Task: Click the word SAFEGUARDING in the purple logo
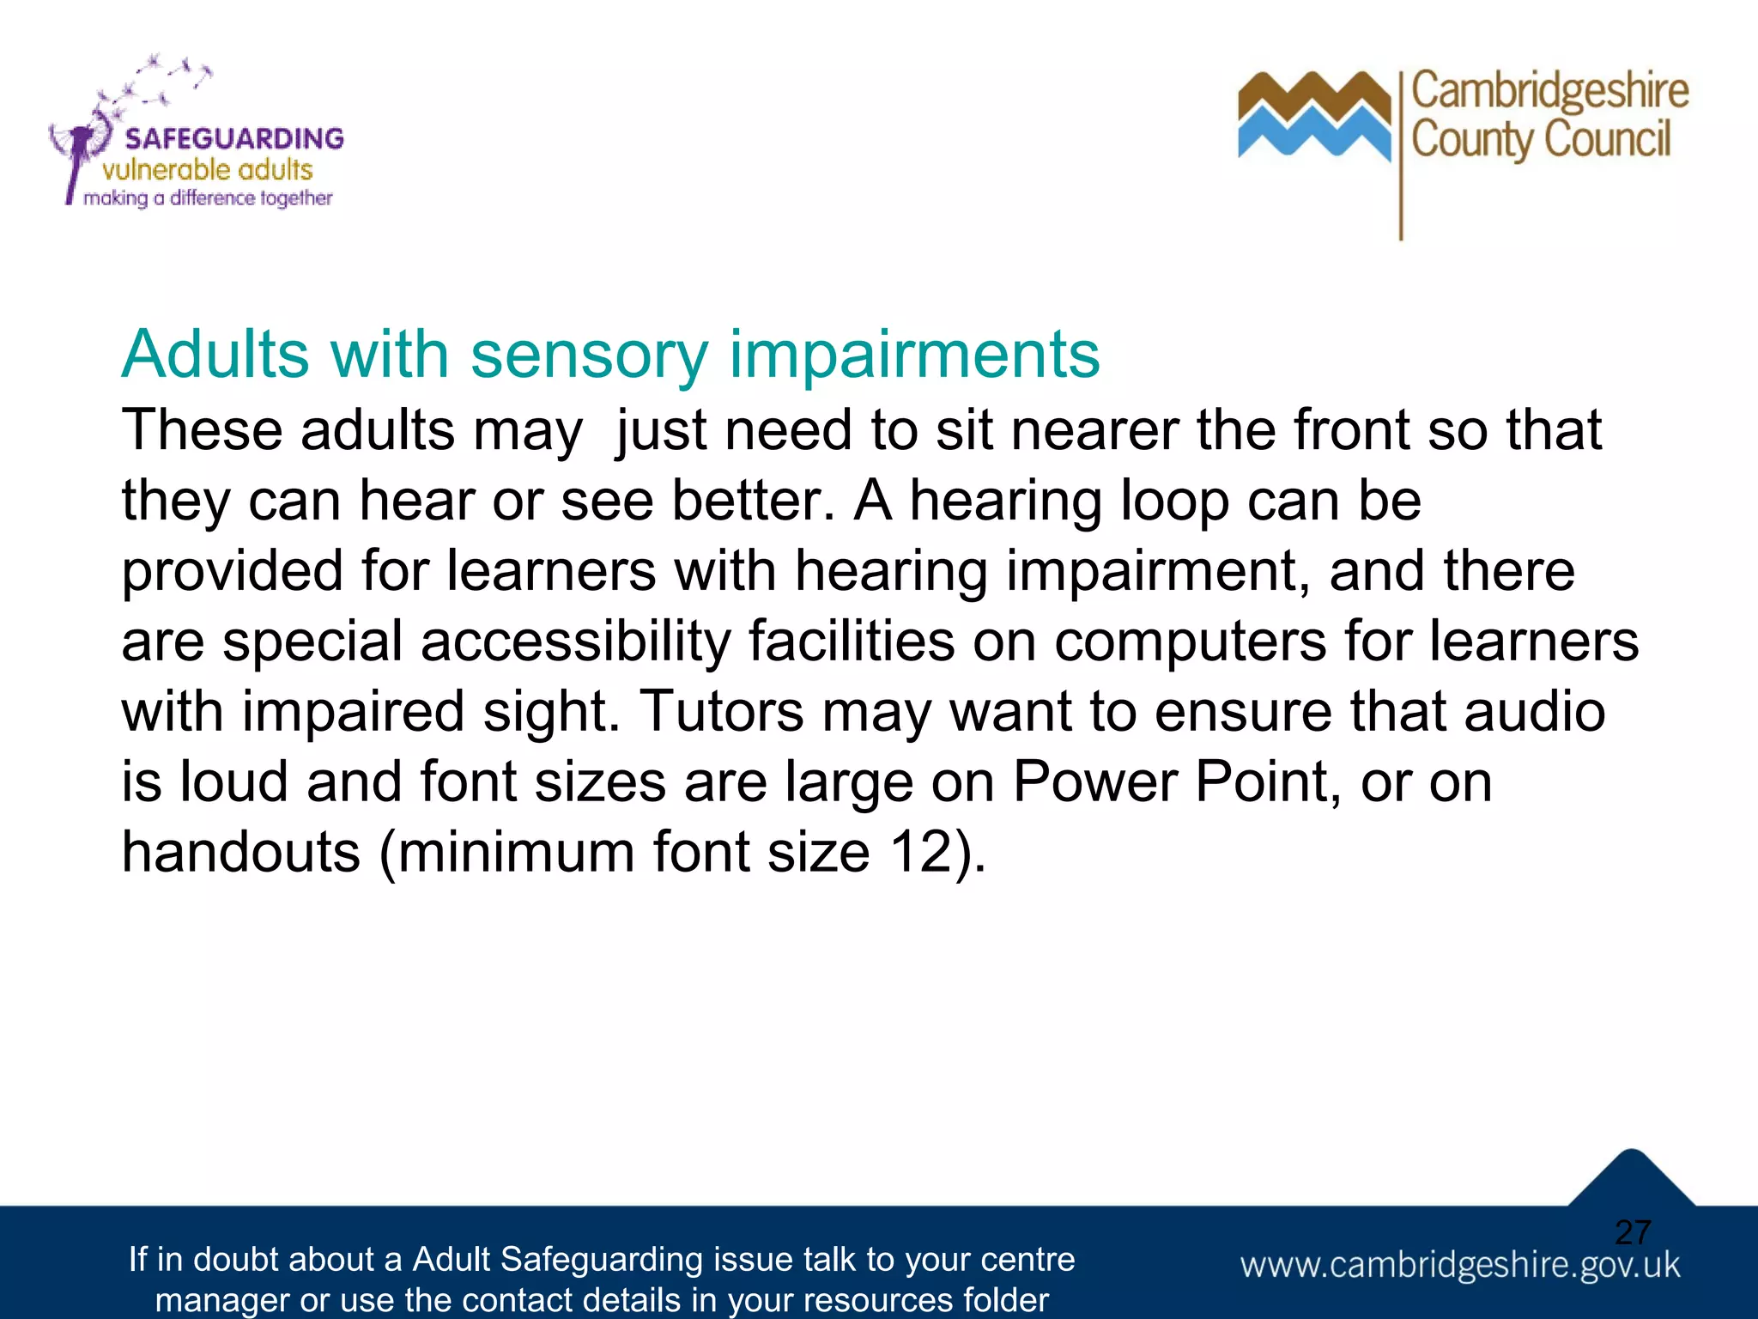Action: [x=233, y=138]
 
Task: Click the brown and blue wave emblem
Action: [x=1313, y=116]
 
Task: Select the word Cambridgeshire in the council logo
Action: [x=1549, y=91]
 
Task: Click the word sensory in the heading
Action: [x=589, y=355]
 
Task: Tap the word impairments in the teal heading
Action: [x=914, y=355]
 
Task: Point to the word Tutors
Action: [x=721, y=711]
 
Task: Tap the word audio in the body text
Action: [x=1534, y=711]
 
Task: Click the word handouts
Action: [x=241, y=852]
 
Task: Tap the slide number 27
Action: [x=1632, y=1232]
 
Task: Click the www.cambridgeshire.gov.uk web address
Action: [x=1459, y=1265]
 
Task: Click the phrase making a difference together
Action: [x=207, y=198]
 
